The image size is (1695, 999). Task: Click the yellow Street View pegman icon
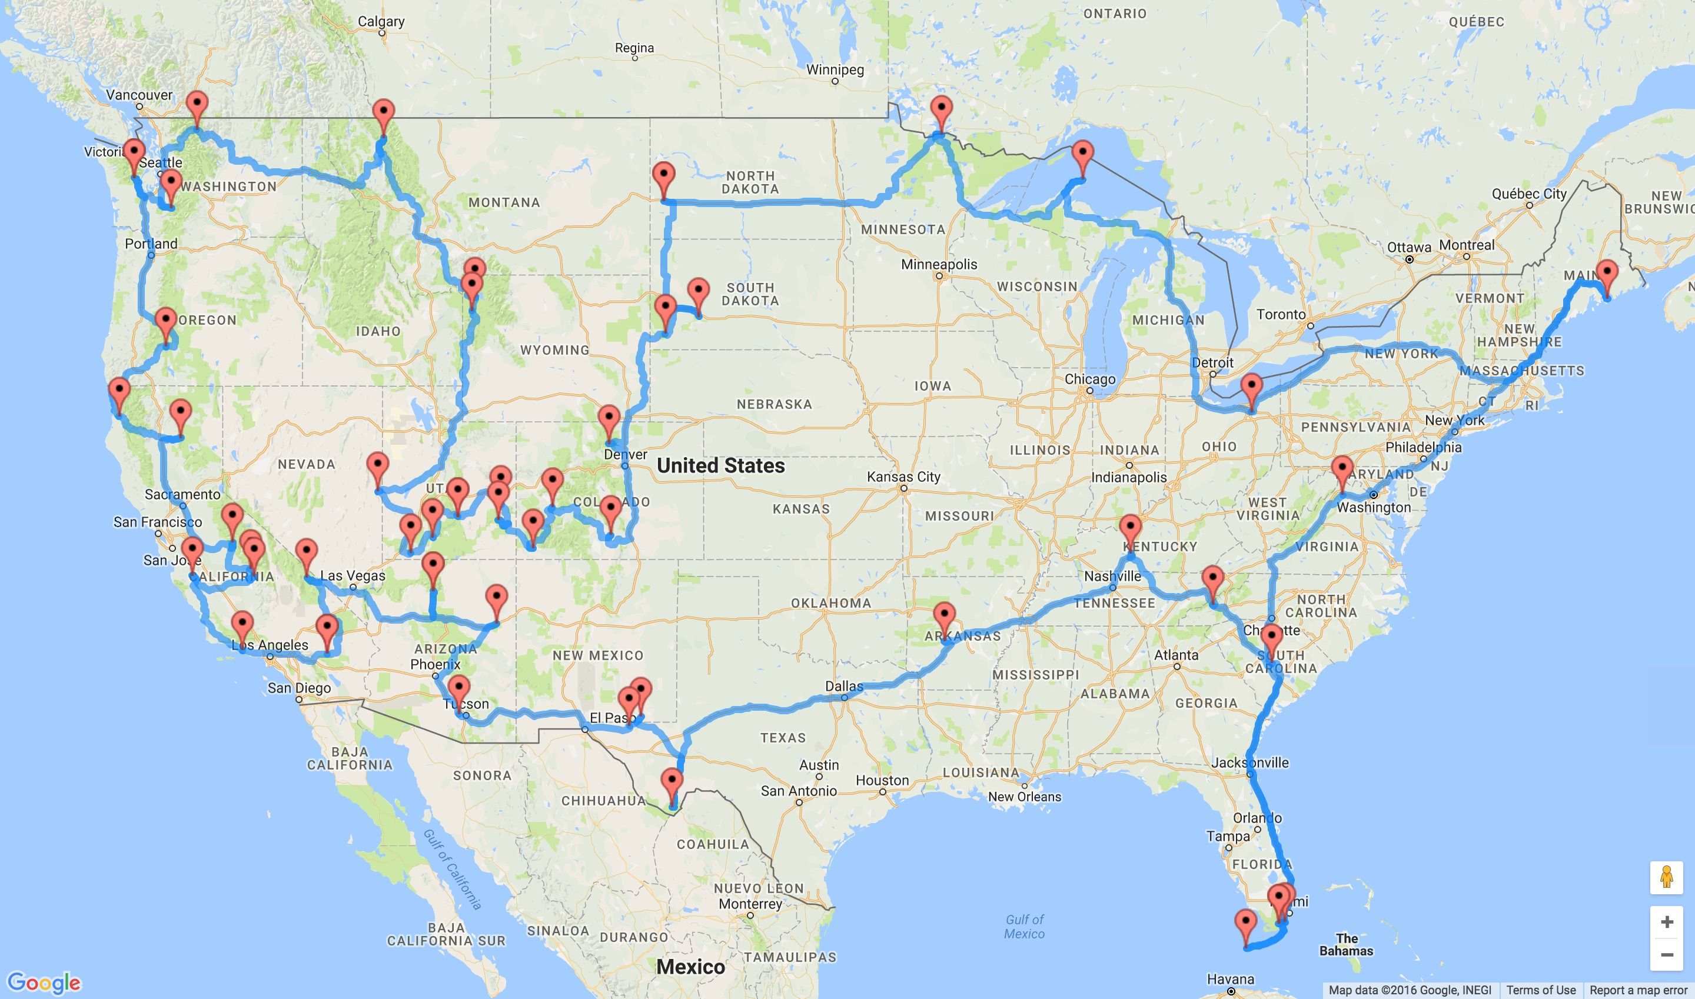point(1667,878)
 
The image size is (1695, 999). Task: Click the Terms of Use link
point(1541,990)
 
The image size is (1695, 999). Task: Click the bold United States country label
point(720,465)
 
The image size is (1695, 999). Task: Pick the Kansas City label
point(903,477)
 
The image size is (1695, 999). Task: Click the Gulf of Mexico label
point(1023,926)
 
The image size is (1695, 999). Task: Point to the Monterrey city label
point(750,904)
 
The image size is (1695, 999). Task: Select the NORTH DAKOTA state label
point(750,182)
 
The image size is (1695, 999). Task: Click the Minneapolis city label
point(939,264)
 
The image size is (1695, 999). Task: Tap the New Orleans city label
point(1024,797)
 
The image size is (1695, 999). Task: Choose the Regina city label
point(634,48)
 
